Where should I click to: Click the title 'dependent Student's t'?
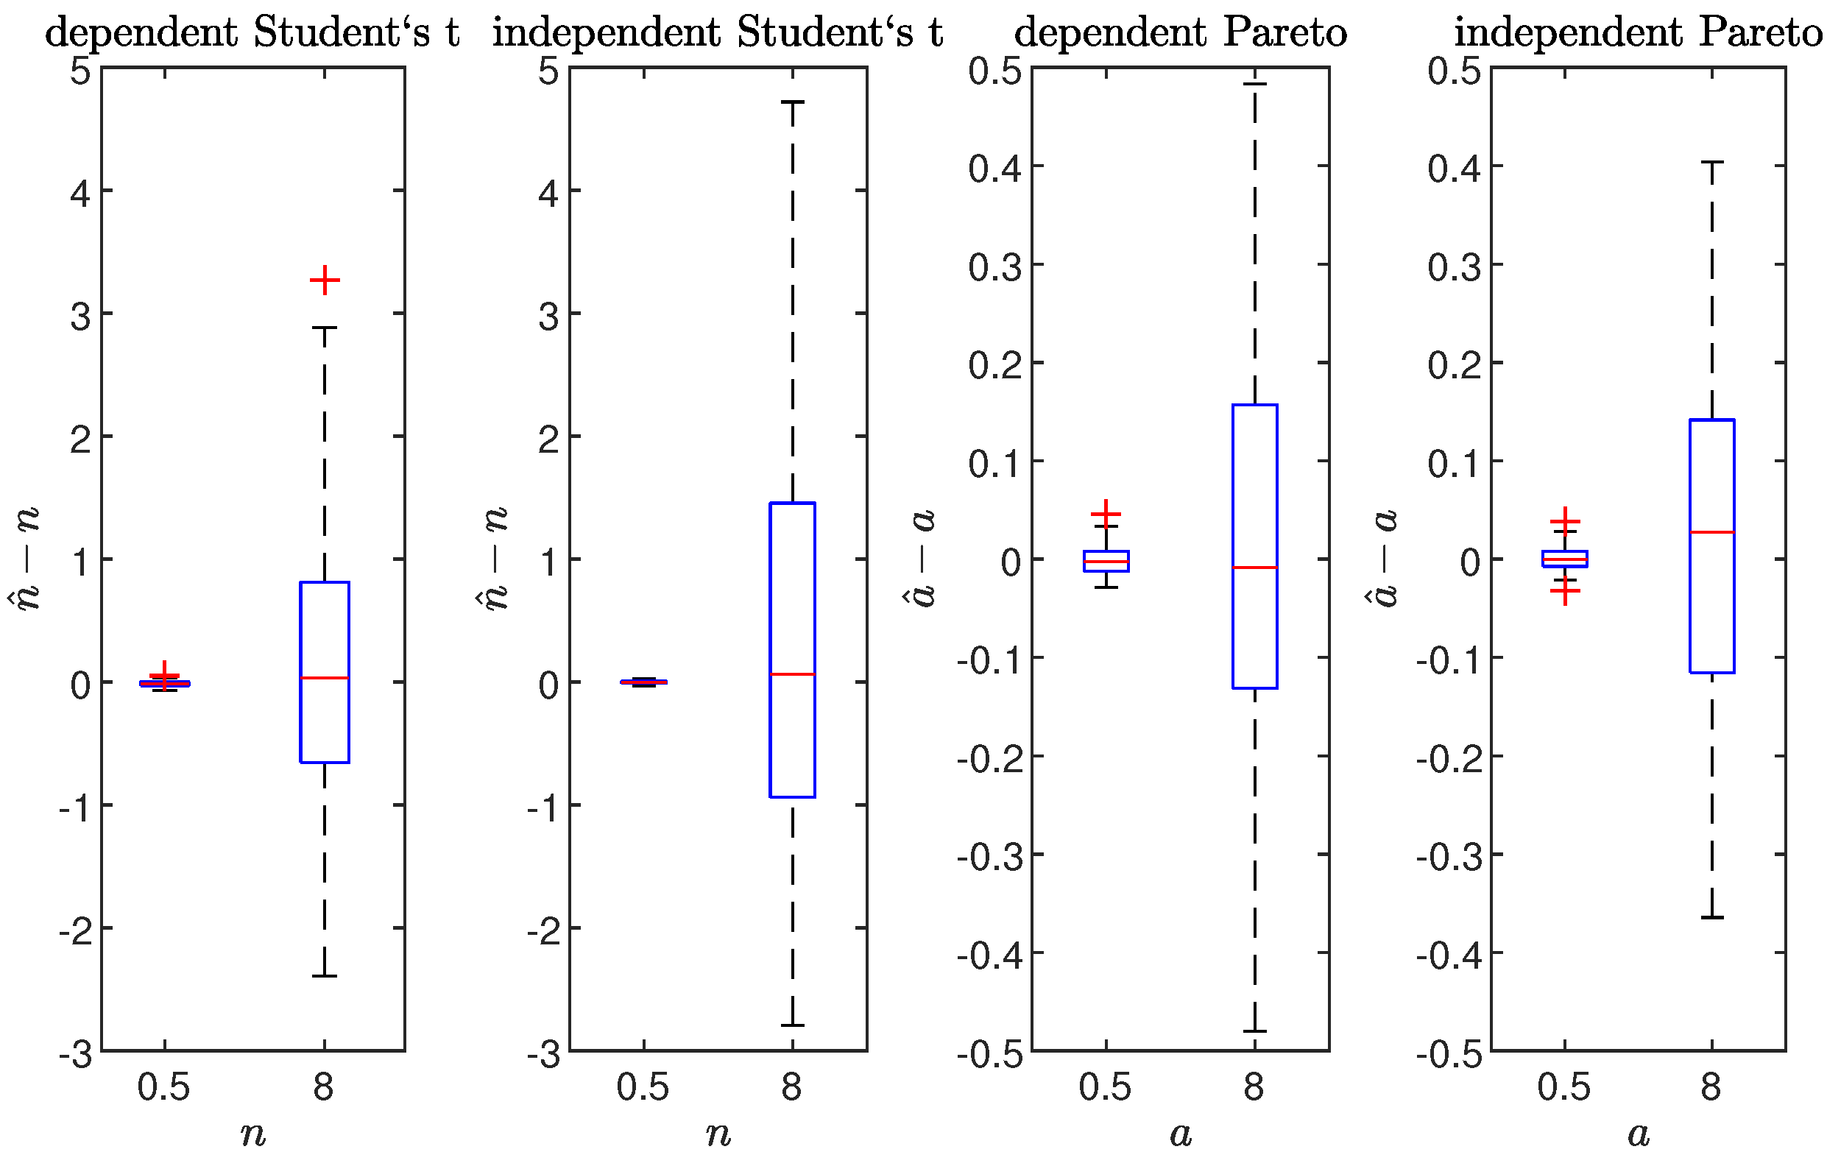252,32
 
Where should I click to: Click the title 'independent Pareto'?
1637,32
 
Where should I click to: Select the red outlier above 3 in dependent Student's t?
325,280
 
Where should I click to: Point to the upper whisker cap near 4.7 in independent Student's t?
793,102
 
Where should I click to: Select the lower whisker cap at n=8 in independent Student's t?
793,1025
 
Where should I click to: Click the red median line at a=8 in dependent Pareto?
1255,567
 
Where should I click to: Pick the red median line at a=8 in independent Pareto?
1712,532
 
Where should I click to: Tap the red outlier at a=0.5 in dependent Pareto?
1106,514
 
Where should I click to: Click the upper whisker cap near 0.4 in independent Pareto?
1712,163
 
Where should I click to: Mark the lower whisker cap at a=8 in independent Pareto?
1712,917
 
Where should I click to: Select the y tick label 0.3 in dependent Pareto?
994,266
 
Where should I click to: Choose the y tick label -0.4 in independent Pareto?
1449,955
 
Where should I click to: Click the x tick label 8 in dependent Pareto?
1254,1087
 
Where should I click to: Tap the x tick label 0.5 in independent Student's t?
643,1087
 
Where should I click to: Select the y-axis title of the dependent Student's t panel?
27,559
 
